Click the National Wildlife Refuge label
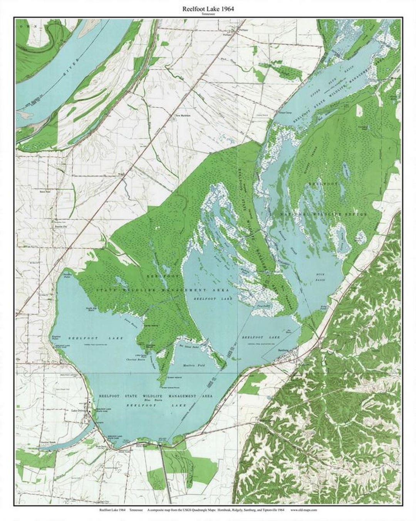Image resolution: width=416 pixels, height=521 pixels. pyautogui.click(x=324, y=214)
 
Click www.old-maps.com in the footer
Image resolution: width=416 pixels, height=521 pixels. pyautogui.click(x=304, y=510)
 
